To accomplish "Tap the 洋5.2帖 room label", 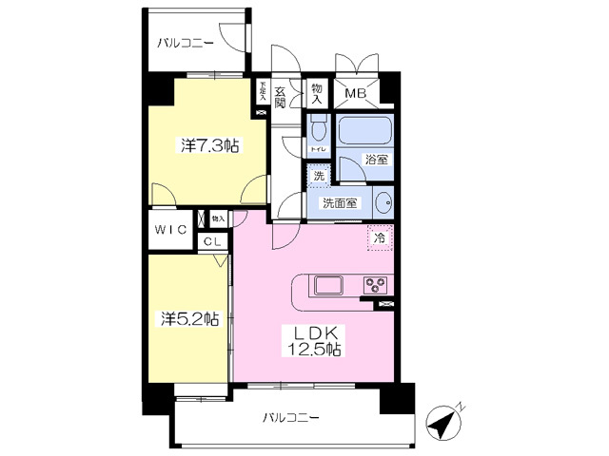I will tap(189, 319).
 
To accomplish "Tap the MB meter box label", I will tap(356, 93).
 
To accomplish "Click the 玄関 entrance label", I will tap(281, 96).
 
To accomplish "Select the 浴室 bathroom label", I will tap(377, 160).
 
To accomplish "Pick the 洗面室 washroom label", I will tap(339, 201).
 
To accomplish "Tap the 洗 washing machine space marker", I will tap(319, 175).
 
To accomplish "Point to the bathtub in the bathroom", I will tap(365, 129).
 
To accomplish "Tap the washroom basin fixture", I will tap(383, 201).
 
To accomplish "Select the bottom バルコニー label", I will tap(290, 417).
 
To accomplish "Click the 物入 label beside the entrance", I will tap(317, 93).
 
